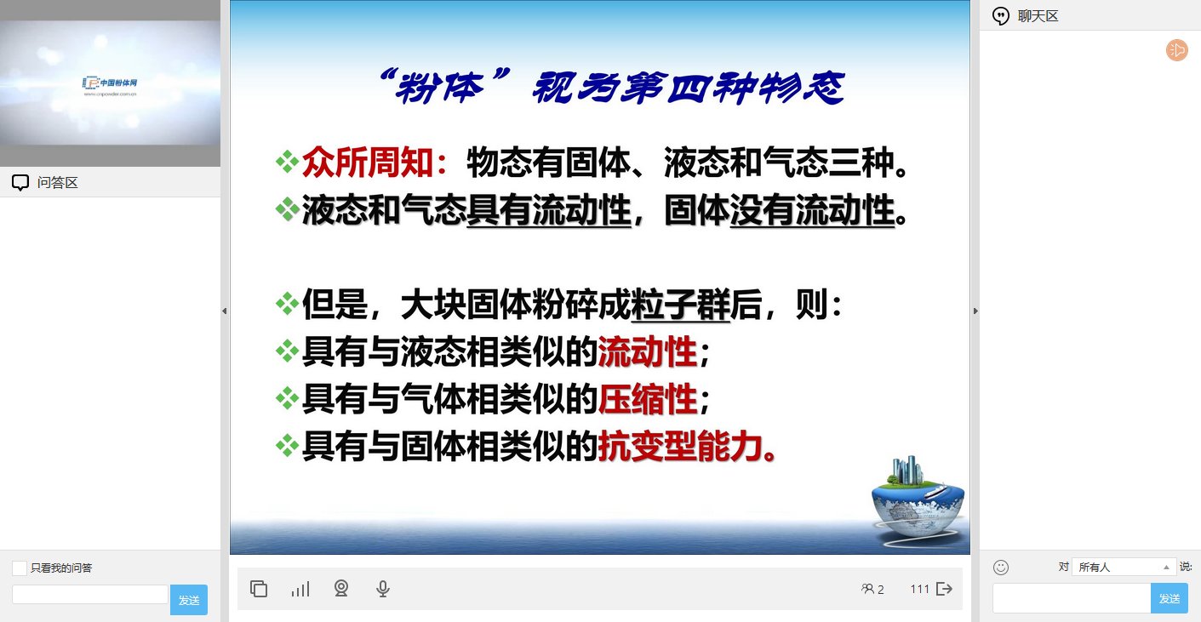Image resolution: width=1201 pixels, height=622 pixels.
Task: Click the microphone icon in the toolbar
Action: click(383, 589)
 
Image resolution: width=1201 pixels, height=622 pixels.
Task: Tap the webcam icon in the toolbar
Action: click(341, 589)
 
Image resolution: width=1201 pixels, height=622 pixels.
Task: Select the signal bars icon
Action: click(300, 590)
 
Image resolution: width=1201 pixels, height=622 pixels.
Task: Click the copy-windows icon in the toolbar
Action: click(259, 589)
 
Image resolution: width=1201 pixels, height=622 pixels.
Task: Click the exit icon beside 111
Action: click(944, 590)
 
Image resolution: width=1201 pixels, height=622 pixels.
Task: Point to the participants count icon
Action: click(867, 589)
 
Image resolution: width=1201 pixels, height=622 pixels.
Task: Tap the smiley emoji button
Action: click(1000, 568)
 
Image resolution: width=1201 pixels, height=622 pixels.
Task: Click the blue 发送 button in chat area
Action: click(1169, 598)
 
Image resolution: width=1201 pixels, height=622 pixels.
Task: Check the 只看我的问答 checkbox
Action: click(20, 568)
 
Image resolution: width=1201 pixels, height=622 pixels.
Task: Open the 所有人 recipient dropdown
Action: click(1124, 567)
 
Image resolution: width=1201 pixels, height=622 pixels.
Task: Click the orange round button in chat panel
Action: click(1177, 50)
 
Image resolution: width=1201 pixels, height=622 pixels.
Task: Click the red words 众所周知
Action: click(368, 162)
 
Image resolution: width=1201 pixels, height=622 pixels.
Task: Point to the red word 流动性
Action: click(647, 352)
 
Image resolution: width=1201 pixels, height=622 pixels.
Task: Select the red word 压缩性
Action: click(647, 399)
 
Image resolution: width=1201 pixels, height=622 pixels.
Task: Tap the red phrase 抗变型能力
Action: click(680, 447)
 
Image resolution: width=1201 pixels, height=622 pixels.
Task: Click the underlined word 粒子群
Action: click(680, 305)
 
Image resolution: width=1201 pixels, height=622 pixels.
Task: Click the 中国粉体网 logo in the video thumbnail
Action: click(110, 85)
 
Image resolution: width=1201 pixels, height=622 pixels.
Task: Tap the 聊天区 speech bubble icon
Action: click(1000, 16)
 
